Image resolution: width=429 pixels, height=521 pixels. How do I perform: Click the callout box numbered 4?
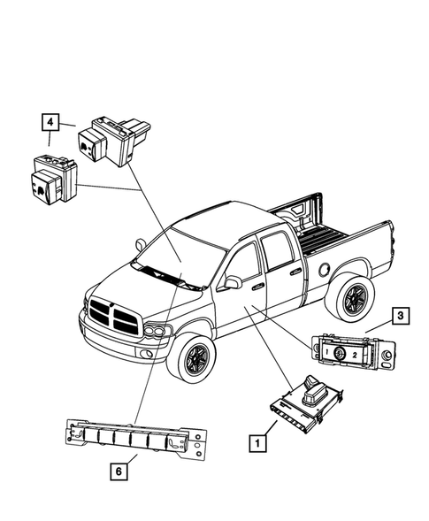pyautogui.click(x=50, y=122)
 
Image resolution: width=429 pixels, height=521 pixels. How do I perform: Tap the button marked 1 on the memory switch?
pyautogui.click(x=326, y=353)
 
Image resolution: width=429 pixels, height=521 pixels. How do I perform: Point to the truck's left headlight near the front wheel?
pyautogui.click(x=158, y=333)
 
